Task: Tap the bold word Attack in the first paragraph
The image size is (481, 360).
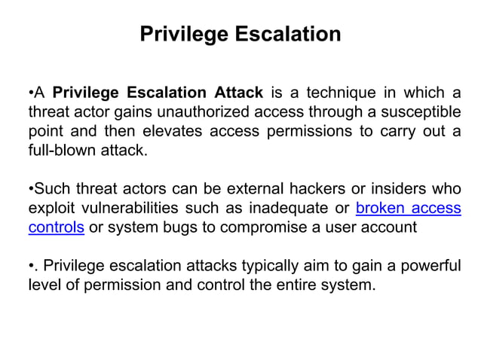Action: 238,93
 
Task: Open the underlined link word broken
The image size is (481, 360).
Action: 379,208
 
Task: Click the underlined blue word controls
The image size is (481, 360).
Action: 56,227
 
